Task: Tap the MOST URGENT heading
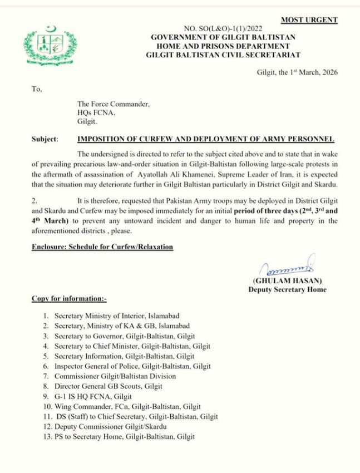309,20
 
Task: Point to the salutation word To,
37,88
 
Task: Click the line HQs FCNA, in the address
96,112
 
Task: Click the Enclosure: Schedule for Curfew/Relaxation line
102,246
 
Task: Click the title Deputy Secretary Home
287,289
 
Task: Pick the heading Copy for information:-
69,299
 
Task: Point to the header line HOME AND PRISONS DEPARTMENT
223,46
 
